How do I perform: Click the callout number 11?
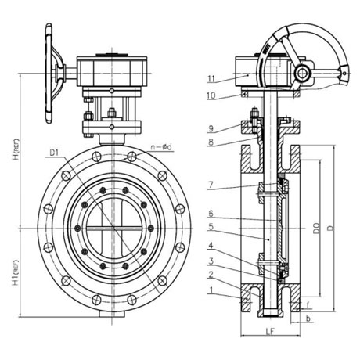(x=211, y=79)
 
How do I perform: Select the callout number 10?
(x=211, y=95)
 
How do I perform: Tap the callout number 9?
(x=211, y=128)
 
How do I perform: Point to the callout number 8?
(x=211, y=142)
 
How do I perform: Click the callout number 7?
(x=211, y=185)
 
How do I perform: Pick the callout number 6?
(x=211, y=214)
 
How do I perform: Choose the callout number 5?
(x=211, y=227)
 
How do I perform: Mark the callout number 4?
(x=211, y=246)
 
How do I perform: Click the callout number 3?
(x=211, y=261)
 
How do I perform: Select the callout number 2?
(x=211, y=275)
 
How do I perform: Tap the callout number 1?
(x=211, y=290)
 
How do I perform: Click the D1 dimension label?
(x=54, y=153)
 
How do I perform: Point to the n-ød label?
(x=162, y=147)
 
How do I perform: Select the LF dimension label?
(x=270, y=331)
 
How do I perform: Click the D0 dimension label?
(x=316, y=229)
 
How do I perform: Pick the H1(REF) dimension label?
(x=16, y=272)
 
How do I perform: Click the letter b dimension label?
(x=308, y=319)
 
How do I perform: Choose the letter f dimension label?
(x=308, y=304)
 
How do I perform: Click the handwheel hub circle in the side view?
(x=302, y=73)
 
